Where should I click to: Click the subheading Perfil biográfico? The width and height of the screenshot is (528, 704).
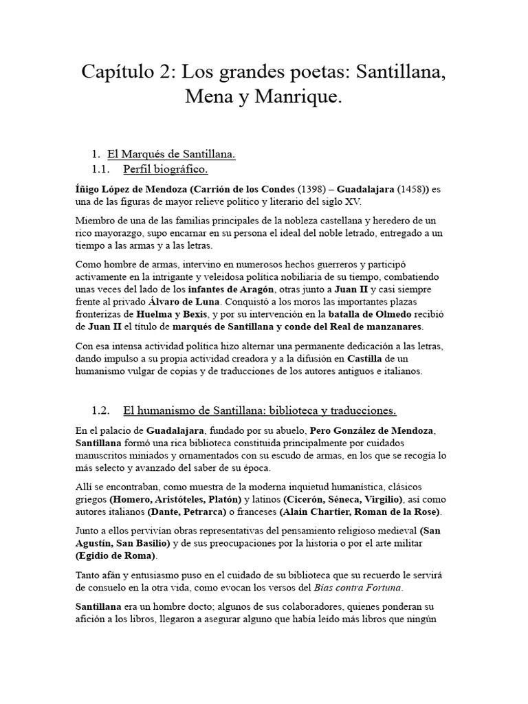tap(166, 169)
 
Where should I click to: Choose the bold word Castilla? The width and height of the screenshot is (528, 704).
tap(364, 358)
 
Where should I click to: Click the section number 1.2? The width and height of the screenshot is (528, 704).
tap(100, 411)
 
